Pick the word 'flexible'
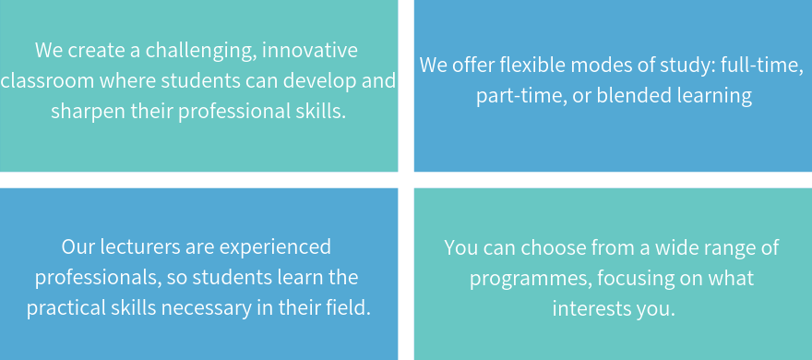pos(518,66)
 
